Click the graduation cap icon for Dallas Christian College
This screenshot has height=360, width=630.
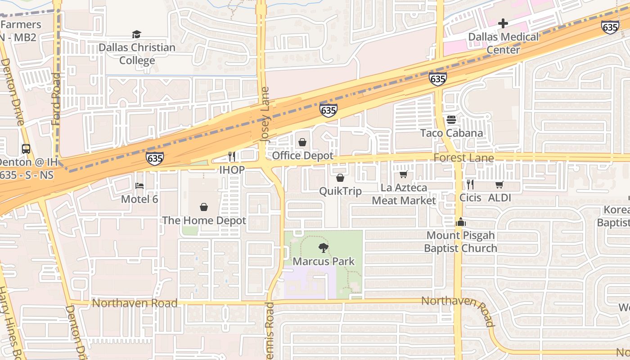pyautogui.click(x=136, y=34)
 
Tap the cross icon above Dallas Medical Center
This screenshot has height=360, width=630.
pyautogui.click(x=503, y=23)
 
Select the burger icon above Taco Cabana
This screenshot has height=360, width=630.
pyautogui.click(x=451, y=120)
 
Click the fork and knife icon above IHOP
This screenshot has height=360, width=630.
pyautogui.click(x=232, y=156)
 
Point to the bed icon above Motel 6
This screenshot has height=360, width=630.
pyautogui.click(x=139, y=185)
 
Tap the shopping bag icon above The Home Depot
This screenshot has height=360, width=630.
pyautogui.click(x=204, y=207)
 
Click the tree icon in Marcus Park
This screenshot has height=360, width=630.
pyautogui.click(x=323, y=247)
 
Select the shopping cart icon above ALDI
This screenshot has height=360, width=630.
pyautogui.click(x=499, y=184)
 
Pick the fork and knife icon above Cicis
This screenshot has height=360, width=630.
pyautogui.click(x=470, y=184)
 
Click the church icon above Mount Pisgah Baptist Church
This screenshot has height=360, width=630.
pyautogui.click(x=460, y=222)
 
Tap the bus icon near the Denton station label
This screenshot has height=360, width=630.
pyautogui.click(x=26, y=148)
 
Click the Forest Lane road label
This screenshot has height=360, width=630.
pyautogui.click(x=463, y=158)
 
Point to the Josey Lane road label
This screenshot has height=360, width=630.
pyautogui.click(x=265, y=115)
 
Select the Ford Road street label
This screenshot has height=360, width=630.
pyautogui.click(x=56, y=99)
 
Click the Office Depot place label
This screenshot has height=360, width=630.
pyautogui.click(x=302, y=156)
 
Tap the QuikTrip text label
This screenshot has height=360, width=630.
pyautogui.click(x=340, y=191)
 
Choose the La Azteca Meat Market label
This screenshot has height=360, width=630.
pyautogui.click(x=404, y=194)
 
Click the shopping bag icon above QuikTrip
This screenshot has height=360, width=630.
pyautogui.click(x=340, y=178)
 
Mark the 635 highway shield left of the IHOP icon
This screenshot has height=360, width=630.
pyautogui.click(x=154, y=158)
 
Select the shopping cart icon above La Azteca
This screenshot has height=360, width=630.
pyautogui.click(x=403, y=174)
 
